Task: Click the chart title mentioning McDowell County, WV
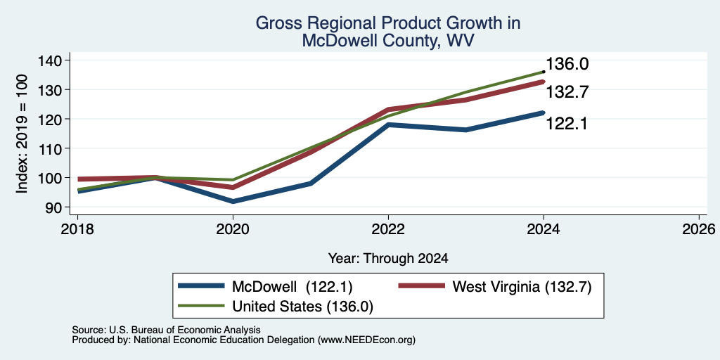click(388, 32)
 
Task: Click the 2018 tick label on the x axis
click(77, 229)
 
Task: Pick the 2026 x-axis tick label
click(699, 229)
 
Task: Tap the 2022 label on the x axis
click(388, 229)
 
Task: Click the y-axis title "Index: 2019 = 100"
click(22, 134)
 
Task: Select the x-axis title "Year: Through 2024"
click(388, 259)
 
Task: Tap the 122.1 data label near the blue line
click(566, 123)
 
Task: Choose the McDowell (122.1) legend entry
click(265, 287)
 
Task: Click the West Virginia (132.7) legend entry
click(495, 287)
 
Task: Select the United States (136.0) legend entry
click(276, 307)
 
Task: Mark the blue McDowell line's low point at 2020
click(233, 202)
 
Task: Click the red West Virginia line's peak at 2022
click(388, 109)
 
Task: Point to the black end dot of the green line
click(544, 72)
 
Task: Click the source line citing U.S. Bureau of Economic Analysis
click(166, 330)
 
